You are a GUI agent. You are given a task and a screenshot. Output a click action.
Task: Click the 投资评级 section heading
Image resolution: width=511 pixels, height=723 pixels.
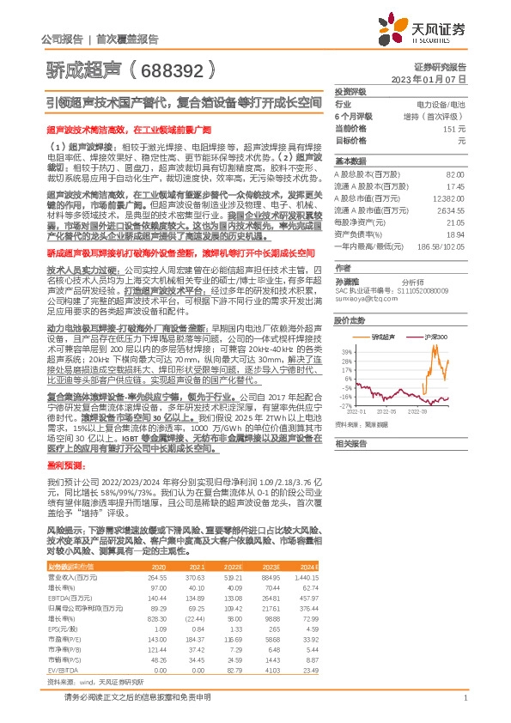point(350,90)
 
